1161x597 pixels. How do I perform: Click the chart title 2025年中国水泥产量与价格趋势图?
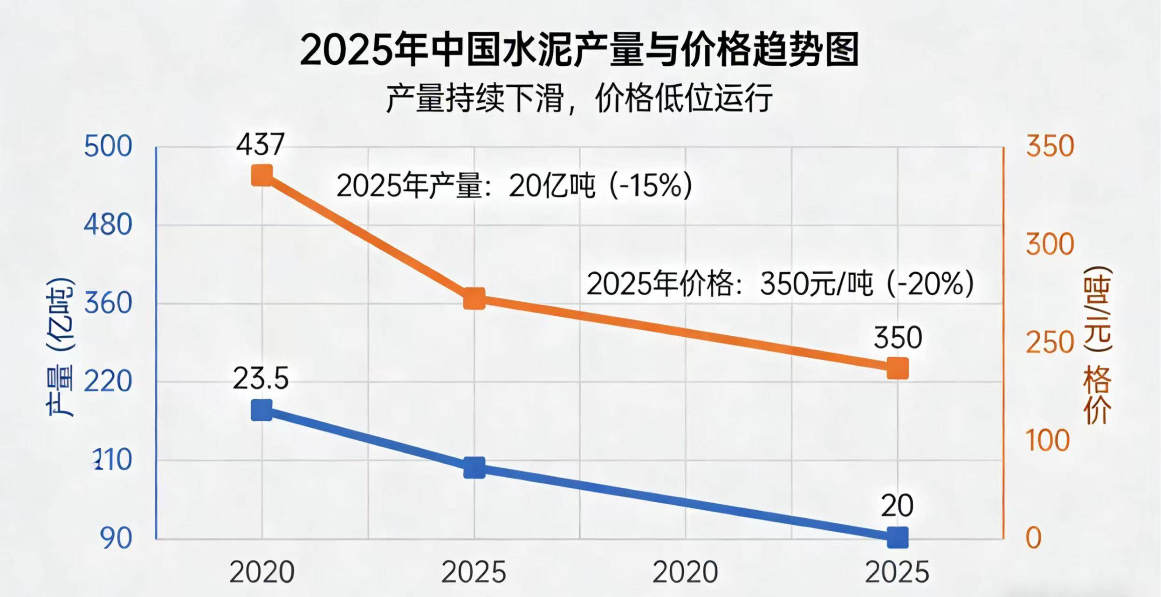[579, 50]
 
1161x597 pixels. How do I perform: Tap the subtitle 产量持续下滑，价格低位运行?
[579, 98]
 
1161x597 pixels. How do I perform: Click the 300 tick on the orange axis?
[1050, 244]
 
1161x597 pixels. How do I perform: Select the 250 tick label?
[1050, 343]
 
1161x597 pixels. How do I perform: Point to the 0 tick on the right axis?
[1034, 539]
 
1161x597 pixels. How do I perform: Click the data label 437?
[260, 145]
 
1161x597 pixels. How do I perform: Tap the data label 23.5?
[261, 378]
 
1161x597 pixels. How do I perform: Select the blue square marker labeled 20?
[898, 538]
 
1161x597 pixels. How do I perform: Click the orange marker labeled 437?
[261, 176]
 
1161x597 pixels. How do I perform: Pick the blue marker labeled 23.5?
[261, 410]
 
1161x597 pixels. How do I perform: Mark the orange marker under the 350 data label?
[898, 368]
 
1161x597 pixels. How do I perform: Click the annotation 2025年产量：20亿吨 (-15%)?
[514, 186]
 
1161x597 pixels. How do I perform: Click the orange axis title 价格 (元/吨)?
[1098, 346]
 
